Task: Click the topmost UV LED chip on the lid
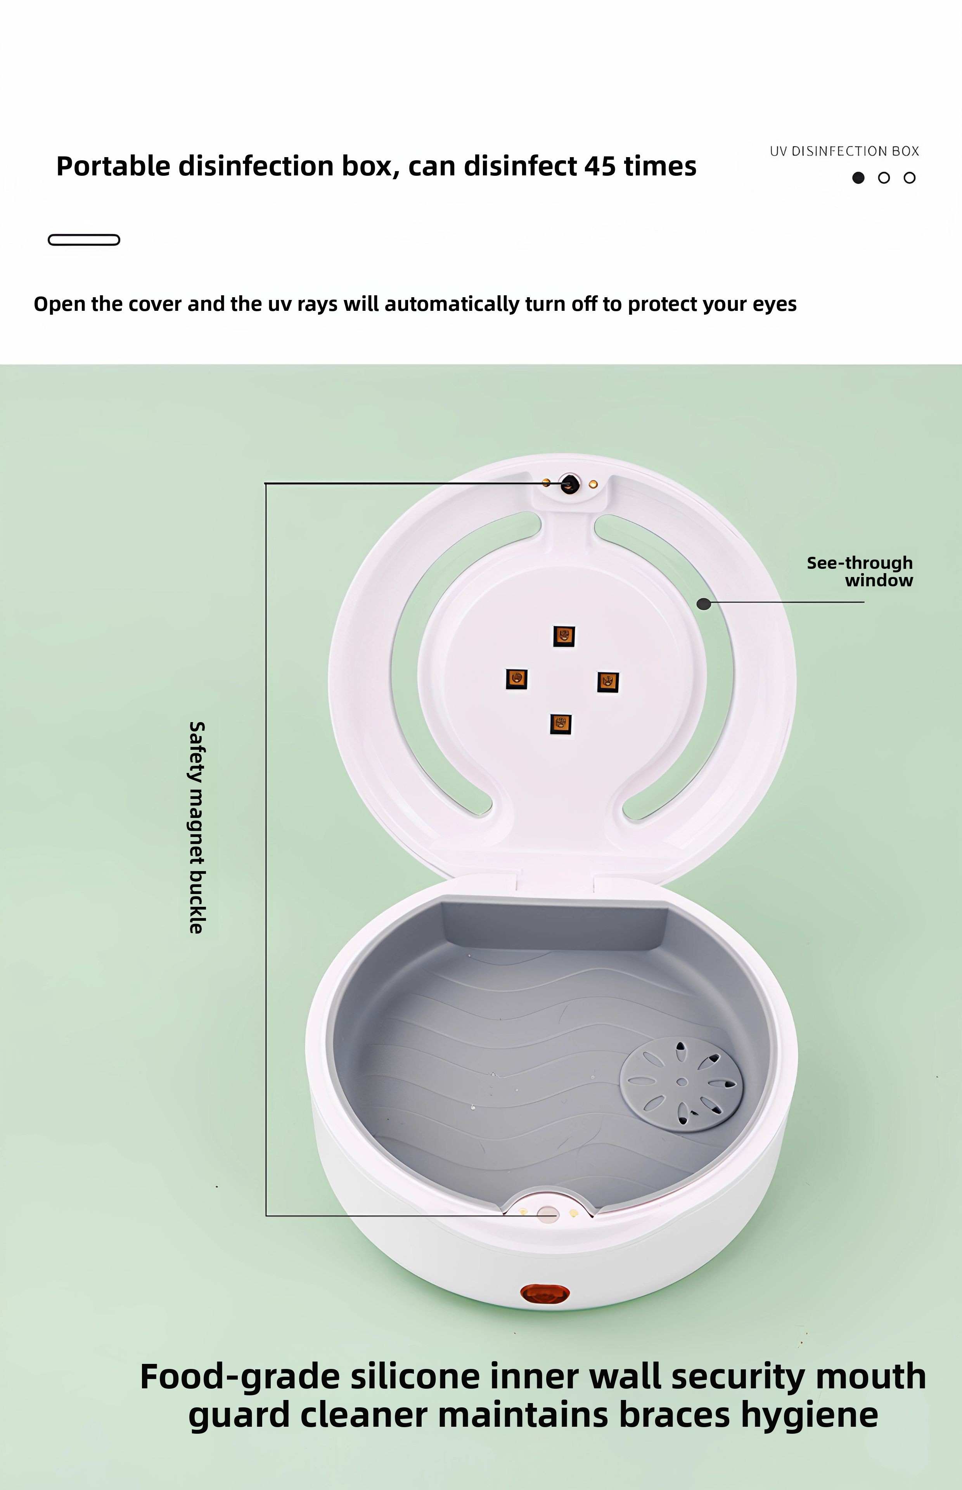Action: coord(564,636)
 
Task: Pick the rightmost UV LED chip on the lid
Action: coord(608,682)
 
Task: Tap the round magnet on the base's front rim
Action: coord(548,1214)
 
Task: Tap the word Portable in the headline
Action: coord(113,166)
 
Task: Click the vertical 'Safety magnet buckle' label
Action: coord(197,828)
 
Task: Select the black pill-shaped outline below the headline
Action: coord(84,240)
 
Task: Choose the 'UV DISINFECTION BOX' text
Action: coord(844,151)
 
